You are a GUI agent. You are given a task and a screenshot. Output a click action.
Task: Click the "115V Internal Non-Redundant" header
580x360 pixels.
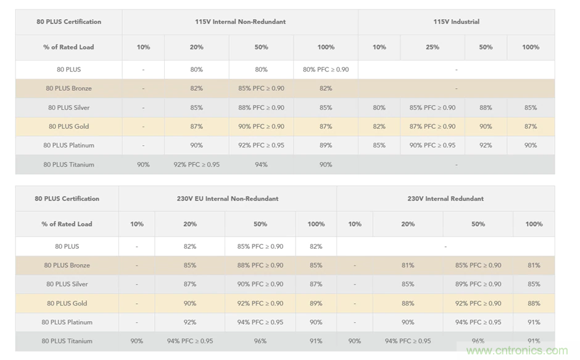tap(240, 22)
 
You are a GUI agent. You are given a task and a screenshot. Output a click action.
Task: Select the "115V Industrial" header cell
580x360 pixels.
tap(456, 22)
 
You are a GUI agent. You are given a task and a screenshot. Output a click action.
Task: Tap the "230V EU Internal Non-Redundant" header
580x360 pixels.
tap(228, 199)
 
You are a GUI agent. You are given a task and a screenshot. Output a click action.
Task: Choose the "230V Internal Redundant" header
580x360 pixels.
tap(445, 199)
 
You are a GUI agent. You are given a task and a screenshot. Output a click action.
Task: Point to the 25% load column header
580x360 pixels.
tap(432, 47)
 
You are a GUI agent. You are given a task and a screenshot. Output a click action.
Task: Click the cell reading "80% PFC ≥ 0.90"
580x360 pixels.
tap(326, 69)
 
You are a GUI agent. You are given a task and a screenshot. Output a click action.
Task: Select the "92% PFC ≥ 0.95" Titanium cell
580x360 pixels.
tap(196, 164)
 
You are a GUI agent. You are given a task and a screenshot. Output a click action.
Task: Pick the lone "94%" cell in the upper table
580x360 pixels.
tap(261, 164)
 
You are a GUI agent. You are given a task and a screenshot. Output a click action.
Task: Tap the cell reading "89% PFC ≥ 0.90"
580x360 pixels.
tap(478, 284)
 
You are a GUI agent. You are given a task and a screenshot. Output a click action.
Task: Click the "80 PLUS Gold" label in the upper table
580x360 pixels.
tap(68, 126)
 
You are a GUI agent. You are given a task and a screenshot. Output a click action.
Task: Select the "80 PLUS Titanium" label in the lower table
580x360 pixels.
tap(67, 341)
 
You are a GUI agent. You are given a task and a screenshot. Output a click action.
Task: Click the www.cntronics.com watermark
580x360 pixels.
tap(517, 351)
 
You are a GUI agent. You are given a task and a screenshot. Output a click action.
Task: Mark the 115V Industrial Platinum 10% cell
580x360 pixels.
tap(379, 145)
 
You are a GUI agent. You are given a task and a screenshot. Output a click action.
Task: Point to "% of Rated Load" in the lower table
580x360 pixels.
tap(67, 224)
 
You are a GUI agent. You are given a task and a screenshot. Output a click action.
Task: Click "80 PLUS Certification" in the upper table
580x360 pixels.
tap(68, 22)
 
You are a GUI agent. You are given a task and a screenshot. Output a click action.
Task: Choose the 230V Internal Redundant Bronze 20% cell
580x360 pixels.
tap(408, 265)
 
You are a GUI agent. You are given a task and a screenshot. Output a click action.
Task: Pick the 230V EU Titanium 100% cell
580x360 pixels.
tap(316, 341)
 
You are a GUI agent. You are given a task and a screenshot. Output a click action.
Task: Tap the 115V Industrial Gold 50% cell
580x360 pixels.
tap(486, 126)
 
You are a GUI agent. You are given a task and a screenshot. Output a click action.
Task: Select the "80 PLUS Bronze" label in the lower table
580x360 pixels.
tap(67, 265)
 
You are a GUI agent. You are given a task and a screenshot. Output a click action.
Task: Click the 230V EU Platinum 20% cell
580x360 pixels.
tap(189, 322)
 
